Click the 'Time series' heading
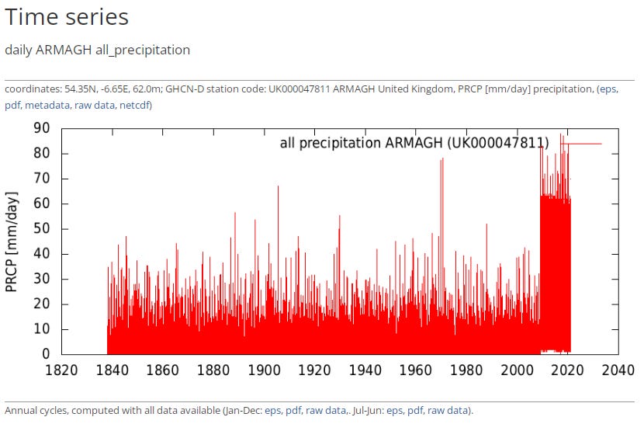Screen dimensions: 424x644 pyautogui.click(x=67, y=18)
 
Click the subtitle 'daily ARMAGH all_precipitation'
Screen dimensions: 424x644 pyautogui.click(x=97, y=50)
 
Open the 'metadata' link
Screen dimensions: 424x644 pyautogui.click(x=47, y=105)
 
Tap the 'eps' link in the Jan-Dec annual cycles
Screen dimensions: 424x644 pyautogui.click(x=272, y=410)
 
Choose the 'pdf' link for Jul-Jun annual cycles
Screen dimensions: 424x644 pyautogui.click(x=415, y=410)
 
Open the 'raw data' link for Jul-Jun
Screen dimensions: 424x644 pyautogui.click(x=448, y=410)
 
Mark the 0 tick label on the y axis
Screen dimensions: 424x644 pyautogui.click(x=46, y=354)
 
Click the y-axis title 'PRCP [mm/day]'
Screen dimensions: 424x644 pyautogui.click(x=12, y=242)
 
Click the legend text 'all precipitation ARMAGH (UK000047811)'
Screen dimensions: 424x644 pyautogui.click(x=414, y=144)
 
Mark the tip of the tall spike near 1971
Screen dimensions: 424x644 pyautogui.click(x=442, y=158)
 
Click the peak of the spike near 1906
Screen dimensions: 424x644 pyautogui.click(x=278, y=186)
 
